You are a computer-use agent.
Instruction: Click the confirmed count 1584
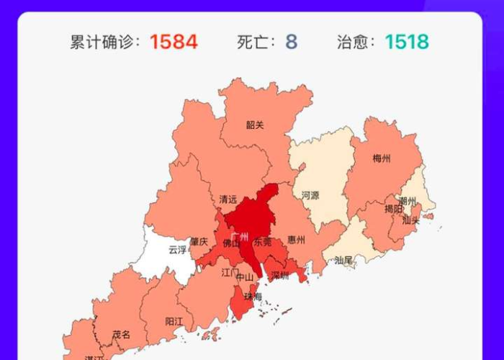click(x=174, y=42)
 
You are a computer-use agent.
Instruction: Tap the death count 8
click(x=291, y=42)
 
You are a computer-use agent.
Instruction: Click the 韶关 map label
click(x=255, y=125)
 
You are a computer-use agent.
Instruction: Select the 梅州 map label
click(x=382, y=158)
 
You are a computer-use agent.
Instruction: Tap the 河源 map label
click(x=310, y=194)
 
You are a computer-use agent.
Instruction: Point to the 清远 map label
click(x=228, y=199)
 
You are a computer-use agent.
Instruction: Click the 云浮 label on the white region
click(x=177, y=250)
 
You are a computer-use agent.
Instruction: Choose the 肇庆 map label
click(x=199, y=242)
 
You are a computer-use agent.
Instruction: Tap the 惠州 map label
click(x=296, y=240)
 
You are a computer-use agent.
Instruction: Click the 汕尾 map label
click(x=344, y=261)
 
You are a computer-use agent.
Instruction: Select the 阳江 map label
click(x=174, y=321)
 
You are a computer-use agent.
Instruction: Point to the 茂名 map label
click(x=121, y=334)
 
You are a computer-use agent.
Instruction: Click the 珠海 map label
click(x=253, y=297)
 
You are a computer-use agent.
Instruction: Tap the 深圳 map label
click(x=280, y=275)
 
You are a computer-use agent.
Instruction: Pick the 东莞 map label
click(x=263, y=243)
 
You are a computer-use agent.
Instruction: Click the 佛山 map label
click(x=232, y=243)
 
